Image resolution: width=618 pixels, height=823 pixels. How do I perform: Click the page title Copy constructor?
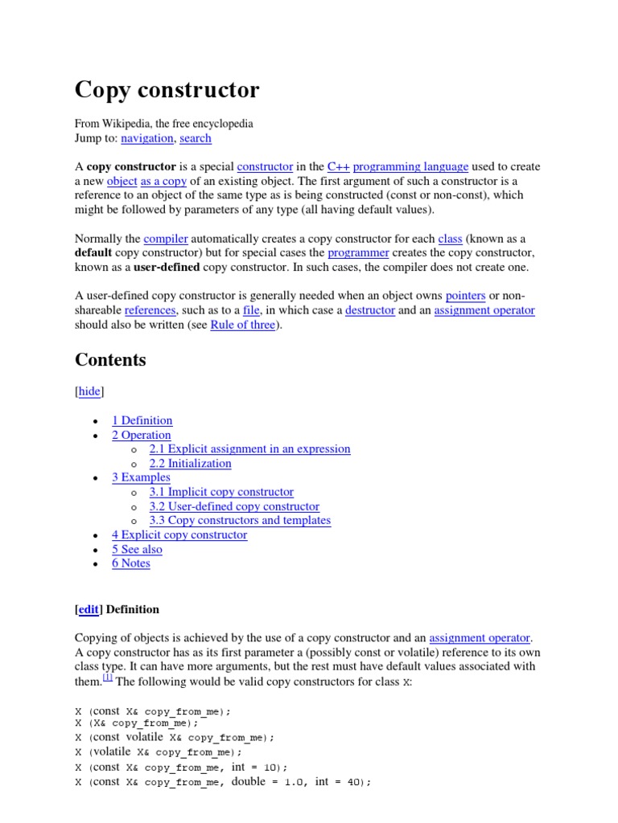point(167,90)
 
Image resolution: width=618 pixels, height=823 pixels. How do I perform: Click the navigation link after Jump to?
point(146,138)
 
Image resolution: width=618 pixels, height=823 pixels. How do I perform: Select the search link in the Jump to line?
point(196,138)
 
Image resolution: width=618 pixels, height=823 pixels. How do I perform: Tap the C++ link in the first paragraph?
point(337,166)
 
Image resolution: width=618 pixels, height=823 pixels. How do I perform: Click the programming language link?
point(410,166)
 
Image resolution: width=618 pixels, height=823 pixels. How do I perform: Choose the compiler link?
point(166,239)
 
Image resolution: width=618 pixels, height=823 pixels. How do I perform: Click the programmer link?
point(358,252)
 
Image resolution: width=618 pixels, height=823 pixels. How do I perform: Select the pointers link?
point(465,296)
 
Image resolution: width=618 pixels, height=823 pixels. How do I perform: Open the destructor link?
point(370,310)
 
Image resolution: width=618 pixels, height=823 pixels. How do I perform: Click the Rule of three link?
point(242,325)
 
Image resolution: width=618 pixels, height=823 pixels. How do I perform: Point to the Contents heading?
point(110,360)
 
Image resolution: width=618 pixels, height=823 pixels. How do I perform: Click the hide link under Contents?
point(89,391)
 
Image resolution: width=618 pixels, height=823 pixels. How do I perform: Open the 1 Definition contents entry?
point(142,420)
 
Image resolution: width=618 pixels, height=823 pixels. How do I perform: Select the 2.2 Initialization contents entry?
point(190,463)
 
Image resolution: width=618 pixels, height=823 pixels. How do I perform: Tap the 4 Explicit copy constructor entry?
point(179,534)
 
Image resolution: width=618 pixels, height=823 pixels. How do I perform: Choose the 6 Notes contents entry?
point(130,563)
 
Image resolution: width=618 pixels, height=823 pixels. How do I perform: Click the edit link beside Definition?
point(89,609)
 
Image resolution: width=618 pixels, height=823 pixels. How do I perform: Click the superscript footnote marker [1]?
point(107,678)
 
